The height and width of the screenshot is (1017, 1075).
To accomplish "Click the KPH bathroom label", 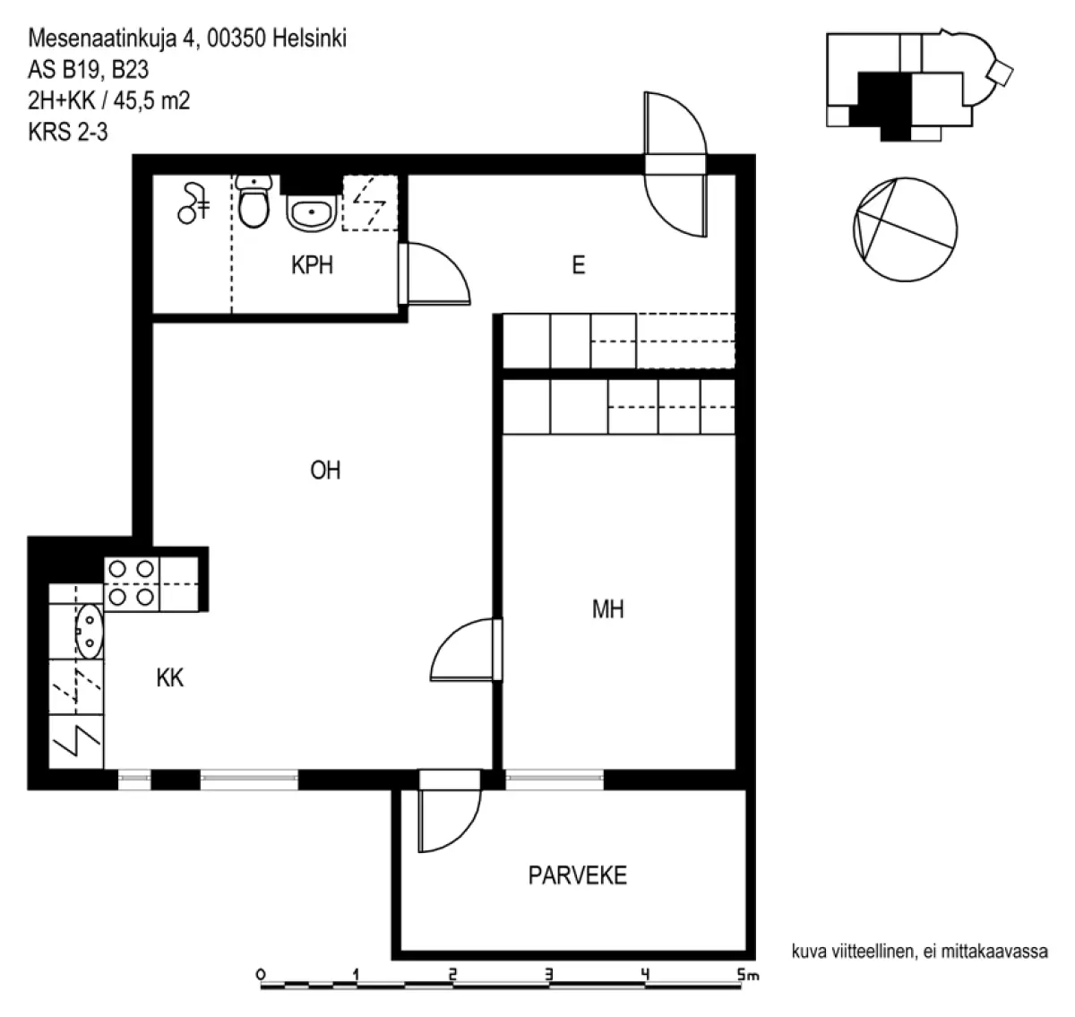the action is click(312, 265).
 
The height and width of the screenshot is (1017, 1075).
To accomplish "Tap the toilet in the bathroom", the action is click(254, 202).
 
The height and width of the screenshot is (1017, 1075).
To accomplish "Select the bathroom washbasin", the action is click(311, 213).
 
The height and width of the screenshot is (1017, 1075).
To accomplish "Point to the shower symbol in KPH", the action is click(193, 203).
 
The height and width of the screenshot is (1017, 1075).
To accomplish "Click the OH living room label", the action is click(325, 470).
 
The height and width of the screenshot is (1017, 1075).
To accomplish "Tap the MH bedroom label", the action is click(607, 609).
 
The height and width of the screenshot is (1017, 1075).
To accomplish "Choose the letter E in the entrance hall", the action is click(579, 265).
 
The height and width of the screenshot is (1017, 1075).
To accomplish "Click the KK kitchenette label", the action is click(169, 677).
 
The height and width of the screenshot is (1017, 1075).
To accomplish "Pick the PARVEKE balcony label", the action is click(578, 875).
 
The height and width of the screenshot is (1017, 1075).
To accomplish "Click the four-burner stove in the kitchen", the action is click(131, 583).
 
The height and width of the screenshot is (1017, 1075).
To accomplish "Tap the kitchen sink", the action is click(89, 631).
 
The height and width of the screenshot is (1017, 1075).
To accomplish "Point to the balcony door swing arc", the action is click(464, 833).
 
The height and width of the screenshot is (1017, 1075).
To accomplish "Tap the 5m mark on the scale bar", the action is click(747, 974).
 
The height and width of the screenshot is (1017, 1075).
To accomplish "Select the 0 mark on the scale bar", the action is click(261, 974).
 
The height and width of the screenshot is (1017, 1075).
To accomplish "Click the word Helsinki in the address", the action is click(309, 39).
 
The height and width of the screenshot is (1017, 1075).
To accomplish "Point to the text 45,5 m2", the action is click(151, 100).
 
